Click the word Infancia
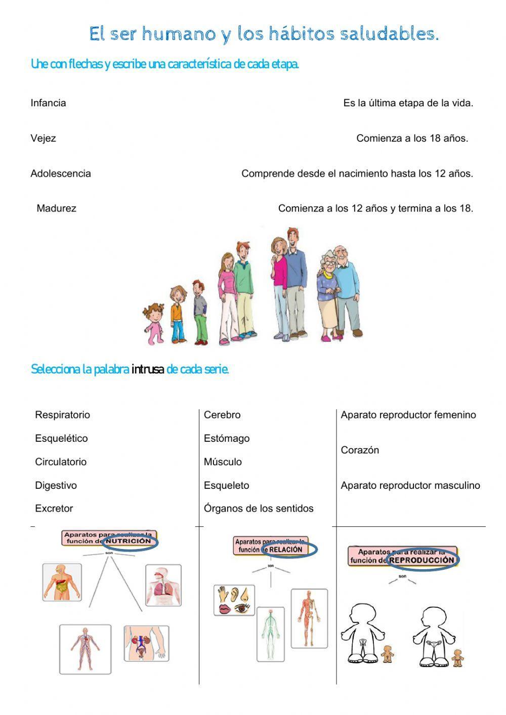click(x=48, y=103)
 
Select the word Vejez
click(x=43, y=139)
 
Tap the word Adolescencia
click(x=61, y=174)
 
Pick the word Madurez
click(x=56, y=208)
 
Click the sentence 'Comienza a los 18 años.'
click(x=412, y=139)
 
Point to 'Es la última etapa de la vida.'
click(x=408, y=103)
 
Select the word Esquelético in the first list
click(x=61, y=439)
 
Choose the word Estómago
click(x=227, y=439)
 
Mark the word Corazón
click(x=360, y=450)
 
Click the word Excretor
click(x=54, y=509)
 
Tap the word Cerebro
click(x=222, y=415)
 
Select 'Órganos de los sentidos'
click(x=259, y=509)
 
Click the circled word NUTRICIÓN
click(x=130, y=541)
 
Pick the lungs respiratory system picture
click(x=163, y=585)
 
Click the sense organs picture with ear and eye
click(x=234, y=600)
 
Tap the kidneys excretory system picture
click(x=146, y=643)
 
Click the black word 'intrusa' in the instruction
click(x=147, y=369)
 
